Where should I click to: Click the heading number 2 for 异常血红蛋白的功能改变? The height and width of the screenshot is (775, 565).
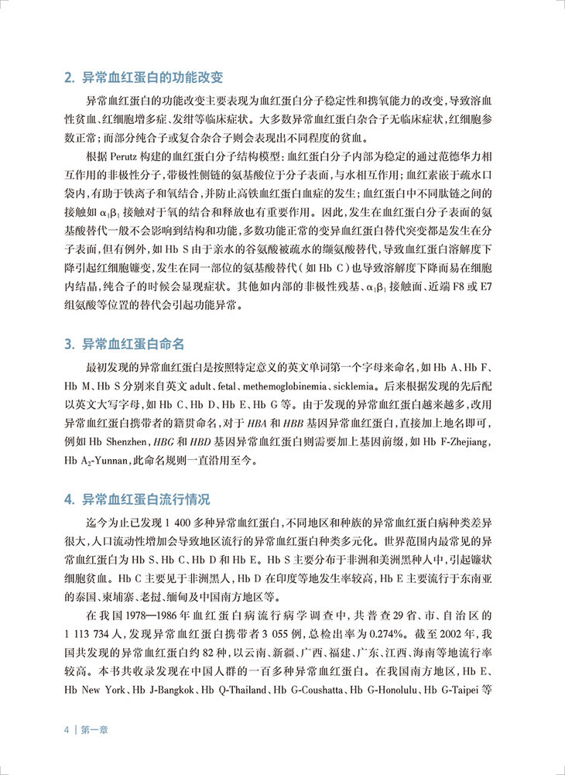[67, 77]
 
